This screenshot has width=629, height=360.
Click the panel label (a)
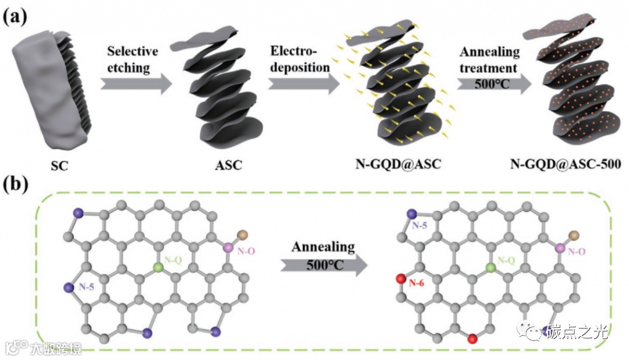(x=15, y=16)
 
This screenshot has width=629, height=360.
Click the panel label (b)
(x=16, y=186)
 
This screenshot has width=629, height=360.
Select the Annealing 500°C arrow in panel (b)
(x=323, y=266)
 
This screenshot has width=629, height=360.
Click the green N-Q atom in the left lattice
(x=157, y=267)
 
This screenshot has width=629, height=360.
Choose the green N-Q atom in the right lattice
(x=491, y=267)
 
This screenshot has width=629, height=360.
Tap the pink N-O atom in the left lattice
(x=228, y=248)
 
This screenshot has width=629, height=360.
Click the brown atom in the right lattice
(x=574, y=235)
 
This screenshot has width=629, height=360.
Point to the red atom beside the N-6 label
(x=401, y=280)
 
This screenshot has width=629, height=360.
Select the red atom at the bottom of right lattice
(x=473, y=338)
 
